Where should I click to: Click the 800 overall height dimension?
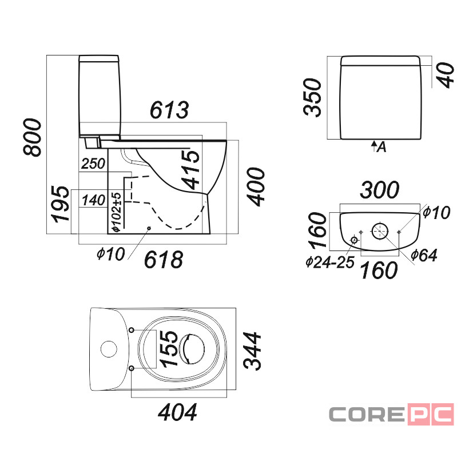point(33,137)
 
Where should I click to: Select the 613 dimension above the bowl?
point(169,110)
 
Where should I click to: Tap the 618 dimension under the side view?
point(164,260)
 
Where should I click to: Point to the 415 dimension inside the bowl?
point(190,170)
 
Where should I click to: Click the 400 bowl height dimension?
point(256,187)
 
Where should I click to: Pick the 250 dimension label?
point(93,164)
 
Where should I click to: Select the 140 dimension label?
point(94,200)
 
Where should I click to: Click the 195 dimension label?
point(61,204)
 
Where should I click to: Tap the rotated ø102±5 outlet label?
point(116,212)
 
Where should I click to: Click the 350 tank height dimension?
point(312,98)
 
